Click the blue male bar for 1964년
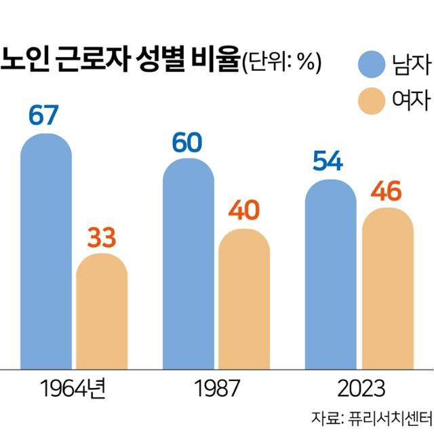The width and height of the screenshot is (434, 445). click(46, 251)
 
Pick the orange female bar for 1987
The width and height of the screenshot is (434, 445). click(244, 299)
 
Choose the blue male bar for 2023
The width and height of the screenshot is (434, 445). click(331, 274)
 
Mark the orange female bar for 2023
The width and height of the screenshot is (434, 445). click(387, 288)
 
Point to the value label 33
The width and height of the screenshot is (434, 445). click(102, 237)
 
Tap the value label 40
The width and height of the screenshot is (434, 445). click(244, 211)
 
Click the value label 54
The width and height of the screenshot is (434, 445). click(328, 162)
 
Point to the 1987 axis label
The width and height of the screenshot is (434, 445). click(216, 389)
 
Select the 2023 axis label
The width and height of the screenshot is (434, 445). click(359, 389)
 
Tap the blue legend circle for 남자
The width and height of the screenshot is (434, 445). click(371, 65)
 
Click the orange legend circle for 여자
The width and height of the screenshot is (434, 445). click(371, 102)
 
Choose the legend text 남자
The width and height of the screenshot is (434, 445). click(411, 65)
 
